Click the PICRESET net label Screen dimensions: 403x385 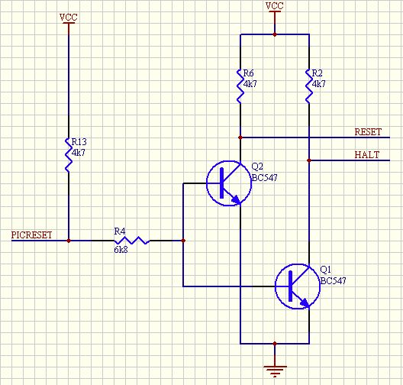tap(31, 235)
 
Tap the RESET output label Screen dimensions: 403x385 tap(368, 132)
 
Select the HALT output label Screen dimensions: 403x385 tap(367, 155)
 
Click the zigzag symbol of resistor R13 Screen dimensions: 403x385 tap(69, 155)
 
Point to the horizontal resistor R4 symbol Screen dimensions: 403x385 tap(131, 241)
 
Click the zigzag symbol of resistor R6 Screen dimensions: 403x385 tap(240, 86)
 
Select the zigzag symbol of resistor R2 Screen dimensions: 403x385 tap(309, 86)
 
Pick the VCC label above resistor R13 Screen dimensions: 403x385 tap(69, 18)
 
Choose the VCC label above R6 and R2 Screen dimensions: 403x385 tap(275, 6)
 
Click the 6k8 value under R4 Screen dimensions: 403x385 tap(121, 250)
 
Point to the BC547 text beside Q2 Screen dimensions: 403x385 tap(264, 178)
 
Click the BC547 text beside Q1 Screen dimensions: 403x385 tap(333, 280)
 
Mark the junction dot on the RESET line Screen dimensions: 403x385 tap(240, 137)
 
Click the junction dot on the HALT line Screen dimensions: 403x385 tap(309, 160)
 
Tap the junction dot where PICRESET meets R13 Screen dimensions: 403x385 tap(69, 241)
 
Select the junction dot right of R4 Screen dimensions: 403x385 tap(183, 241)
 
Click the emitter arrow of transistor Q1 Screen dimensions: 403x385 tap(305, 302)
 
